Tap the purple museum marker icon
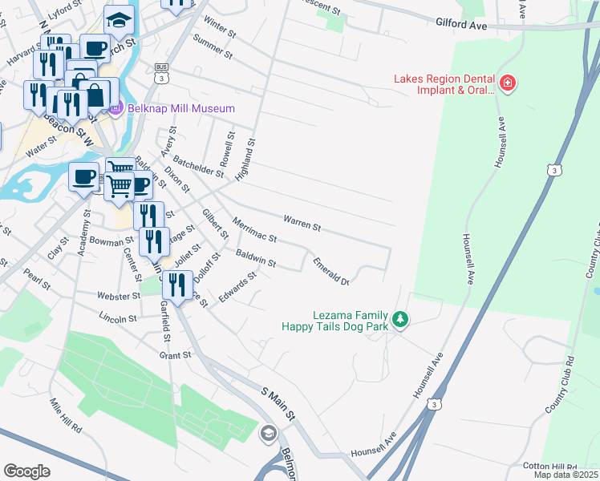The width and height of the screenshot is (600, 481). click(115, 108)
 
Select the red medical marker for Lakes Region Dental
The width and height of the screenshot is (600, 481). click(506, 83)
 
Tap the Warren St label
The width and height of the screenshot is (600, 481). click(302, 222)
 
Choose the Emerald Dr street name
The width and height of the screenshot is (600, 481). click(331, 271)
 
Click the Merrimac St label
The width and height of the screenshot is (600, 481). click(253, 228)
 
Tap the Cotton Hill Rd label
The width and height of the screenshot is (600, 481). click(549, 467)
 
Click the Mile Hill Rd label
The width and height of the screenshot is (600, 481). click(66, 416)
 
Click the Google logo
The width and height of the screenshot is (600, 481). click(26, 471)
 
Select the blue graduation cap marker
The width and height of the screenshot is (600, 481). click(120, 19)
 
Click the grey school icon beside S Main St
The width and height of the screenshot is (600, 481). click(269, 435)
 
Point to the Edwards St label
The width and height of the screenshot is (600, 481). click(237, 289)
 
